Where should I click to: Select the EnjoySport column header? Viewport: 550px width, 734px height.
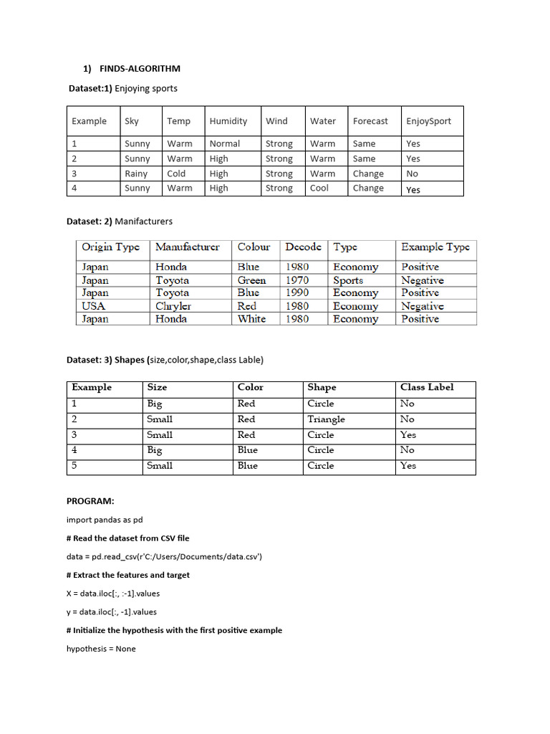tap(428, 121)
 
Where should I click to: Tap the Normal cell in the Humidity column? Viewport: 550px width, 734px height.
tap(225, 143)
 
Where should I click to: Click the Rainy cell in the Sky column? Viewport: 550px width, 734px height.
tap(136, 173)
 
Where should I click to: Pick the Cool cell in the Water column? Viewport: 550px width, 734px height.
tap(319, 188)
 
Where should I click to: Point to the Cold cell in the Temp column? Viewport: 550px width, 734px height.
tap(176, 173)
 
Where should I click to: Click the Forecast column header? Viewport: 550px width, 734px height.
tap(370, 121)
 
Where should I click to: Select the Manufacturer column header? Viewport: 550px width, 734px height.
tap(188, 247)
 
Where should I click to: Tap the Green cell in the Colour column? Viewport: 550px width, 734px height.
tap(251, 280)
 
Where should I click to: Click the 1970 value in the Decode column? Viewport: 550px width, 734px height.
tap(297, 280)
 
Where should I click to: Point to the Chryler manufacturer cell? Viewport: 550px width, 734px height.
tap(173, 306)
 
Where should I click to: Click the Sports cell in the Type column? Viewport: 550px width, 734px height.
tap(348, 280)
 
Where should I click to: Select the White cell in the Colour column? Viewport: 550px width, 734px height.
tap(251, 319)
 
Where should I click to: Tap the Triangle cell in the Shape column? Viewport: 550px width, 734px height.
tap(326, 419)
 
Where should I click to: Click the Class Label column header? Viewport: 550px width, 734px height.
tap(427, 387)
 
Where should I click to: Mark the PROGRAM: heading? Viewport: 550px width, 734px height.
tap(90, 501)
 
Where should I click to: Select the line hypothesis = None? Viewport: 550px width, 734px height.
tap(101, 649)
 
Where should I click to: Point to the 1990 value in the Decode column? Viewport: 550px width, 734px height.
tap(297, 292)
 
